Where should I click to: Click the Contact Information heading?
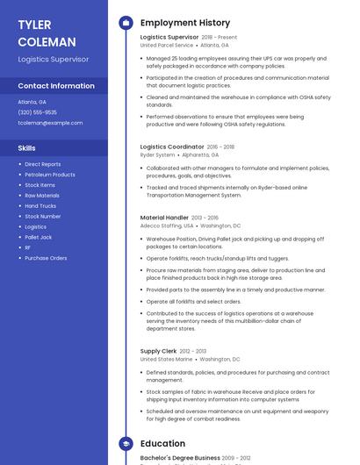tap(56, 86)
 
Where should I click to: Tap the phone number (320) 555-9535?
tap(38, 112)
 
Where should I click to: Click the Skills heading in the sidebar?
tap(27, 148)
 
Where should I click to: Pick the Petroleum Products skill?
tap(50, 175)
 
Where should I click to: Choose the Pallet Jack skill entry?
tap(39, 237)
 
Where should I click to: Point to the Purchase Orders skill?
tap(46, 258)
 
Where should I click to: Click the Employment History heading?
tap(185, 23)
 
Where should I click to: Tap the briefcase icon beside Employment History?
tap(126, 23)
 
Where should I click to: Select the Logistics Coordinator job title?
tap(172, 147)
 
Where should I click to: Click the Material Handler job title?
tap(164, 217)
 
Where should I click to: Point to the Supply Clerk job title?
tap(158, 351)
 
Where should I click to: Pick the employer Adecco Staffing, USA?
tap(166, 225)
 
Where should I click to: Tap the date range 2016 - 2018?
tap(221, 147)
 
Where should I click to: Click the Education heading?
tap(162, 444)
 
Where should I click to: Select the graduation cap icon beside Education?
tap(126, 444)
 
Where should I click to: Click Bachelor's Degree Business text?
tap(180, 458)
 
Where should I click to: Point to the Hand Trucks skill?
tap(40, 206)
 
